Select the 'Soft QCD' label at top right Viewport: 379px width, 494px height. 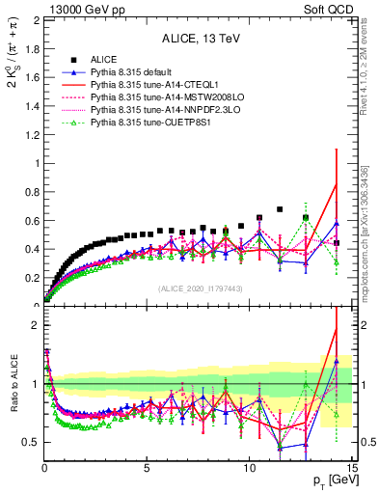(x=328, y=9)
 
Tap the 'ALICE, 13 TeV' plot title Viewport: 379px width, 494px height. (x=199, y=40)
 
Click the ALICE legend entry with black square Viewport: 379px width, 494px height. (x=105, y=61)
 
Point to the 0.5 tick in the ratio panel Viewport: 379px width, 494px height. (x=30, y=442)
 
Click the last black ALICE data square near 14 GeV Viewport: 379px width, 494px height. (x=336, y=242)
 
